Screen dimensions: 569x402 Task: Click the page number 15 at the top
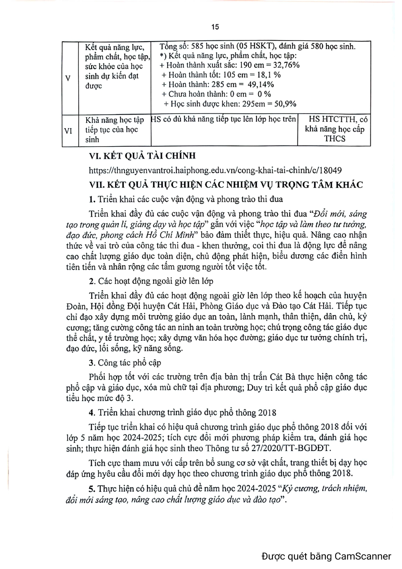(x=215, y=27)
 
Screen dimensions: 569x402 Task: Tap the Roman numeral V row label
(x=68, y=78)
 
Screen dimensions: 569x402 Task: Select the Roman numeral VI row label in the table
(x=68, y=131)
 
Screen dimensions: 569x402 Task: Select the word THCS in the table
(x=335, y=139)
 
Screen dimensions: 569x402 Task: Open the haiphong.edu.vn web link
(x=215, y=171)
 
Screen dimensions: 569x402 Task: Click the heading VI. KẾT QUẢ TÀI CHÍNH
(x=142, y=156)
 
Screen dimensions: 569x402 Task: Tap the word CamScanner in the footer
(x=363, y=556)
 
